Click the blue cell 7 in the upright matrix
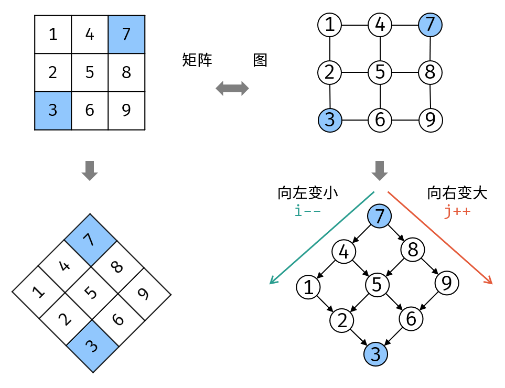pyautogui.click(x=126, y=34)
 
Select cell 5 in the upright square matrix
pyautogui.click(x=90, y=72)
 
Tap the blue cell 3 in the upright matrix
pyautogui.click(x=53, y=110)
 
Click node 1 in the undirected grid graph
pyautogui.click(x=330, y=24)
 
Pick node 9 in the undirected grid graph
pyautogui.click(x=431, y=120)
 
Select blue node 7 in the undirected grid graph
pyautogui.click(x=431, y=24)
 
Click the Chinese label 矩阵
pyautogui.click(x=197, y=60)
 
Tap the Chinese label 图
pyautogui.click(x=260, y=60)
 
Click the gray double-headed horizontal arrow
pyautogui.click(x=232, y=88)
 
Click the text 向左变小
pyautogui.click(x=308, y=193)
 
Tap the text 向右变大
pyautogui.click(x=457, y=193)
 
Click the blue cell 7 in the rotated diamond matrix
pyautogui.click(x=91, y=240)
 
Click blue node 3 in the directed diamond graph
pyautogui.click(x=375, y=354)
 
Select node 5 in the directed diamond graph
pyautogui.click(x=377, y=284)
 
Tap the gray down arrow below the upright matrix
pyautogui.click(x=90, y=170)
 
